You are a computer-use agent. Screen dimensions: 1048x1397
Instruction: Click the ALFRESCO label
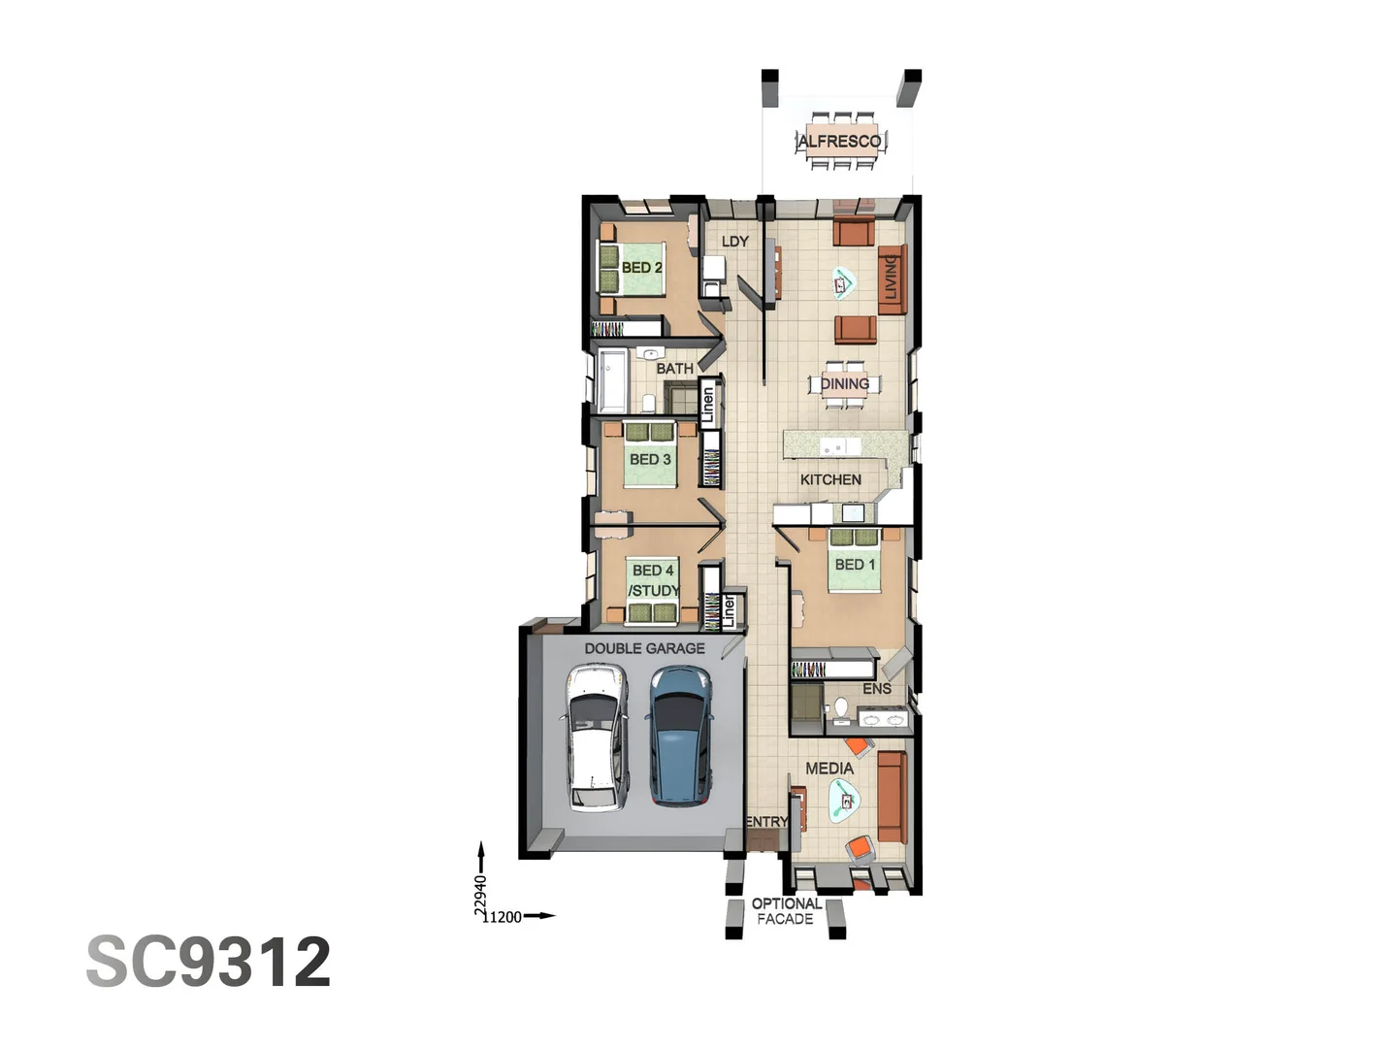839,142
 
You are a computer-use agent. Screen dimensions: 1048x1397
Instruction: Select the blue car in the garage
680,736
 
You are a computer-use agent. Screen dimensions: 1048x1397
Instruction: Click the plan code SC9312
209,962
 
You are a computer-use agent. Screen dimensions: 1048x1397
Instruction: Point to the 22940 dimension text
480,895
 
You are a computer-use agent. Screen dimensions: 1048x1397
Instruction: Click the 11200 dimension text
503,917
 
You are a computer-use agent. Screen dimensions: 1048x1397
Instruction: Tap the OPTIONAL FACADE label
786,911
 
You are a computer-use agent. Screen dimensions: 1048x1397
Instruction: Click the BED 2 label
641,268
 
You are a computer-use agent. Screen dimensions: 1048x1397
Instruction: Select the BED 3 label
650,459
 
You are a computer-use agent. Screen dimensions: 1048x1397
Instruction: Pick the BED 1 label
855,565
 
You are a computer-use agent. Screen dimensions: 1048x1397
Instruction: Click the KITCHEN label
830,479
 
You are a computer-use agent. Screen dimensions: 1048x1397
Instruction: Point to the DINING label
845,384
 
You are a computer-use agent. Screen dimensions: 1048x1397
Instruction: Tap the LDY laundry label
734,242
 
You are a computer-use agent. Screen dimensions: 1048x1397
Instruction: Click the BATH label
674,369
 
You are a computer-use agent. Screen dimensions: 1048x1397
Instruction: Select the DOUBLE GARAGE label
644,648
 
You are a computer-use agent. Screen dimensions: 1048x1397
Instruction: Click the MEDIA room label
829,769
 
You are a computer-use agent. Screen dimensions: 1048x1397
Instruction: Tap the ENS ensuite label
876,689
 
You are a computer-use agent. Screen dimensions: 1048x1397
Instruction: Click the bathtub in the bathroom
613,380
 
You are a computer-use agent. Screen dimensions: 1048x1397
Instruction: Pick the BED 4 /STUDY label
654,580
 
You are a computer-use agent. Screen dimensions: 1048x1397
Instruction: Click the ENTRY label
766,822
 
